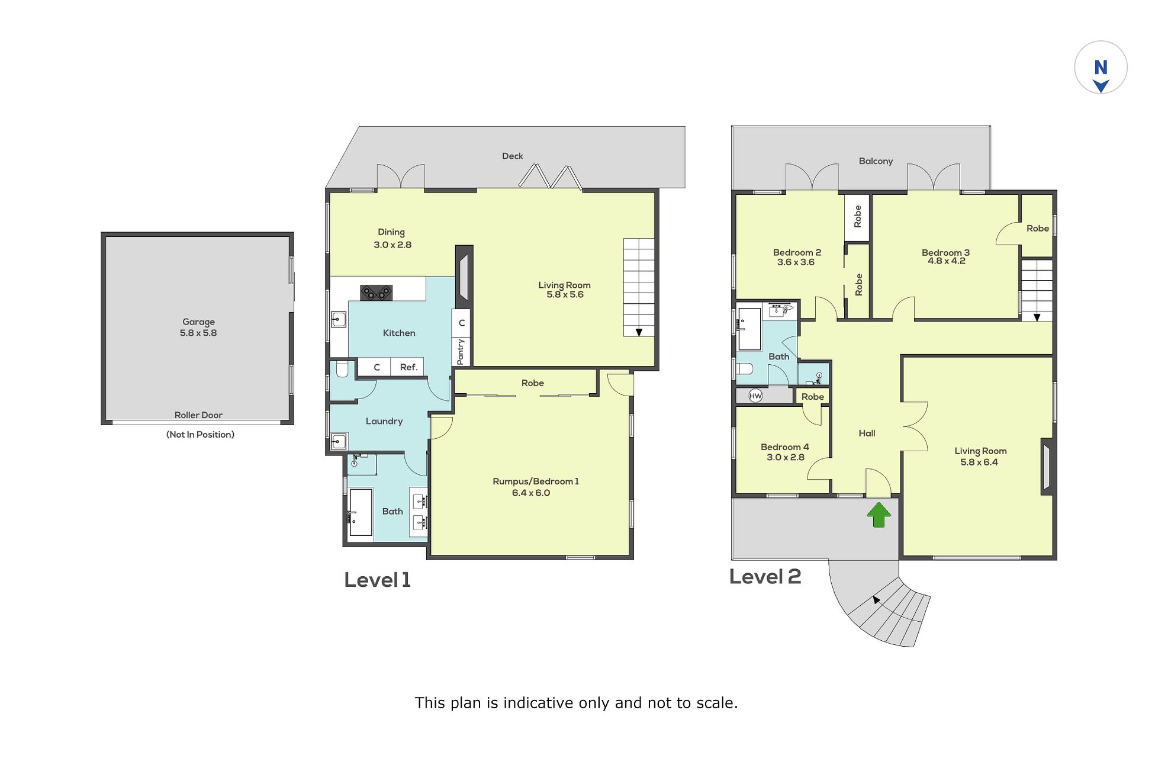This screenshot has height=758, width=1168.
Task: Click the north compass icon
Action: click(x=1101, y=67)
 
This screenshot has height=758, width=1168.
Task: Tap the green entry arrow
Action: click(x=879, y=515)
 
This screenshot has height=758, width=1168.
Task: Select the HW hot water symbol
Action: click(x=755, y=396)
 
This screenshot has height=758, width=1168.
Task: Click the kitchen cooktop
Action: click(x=377, y=293)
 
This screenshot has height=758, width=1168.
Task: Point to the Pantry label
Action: click(x=461, y=351)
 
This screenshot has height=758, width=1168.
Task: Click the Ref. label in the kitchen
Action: click(x=408, y=367)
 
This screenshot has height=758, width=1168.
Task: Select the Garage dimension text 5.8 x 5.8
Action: click(x=198, y=333)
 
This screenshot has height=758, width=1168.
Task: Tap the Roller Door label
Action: click(x=198, y=415)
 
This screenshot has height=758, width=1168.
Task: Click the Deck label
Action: click(x=513, y=156)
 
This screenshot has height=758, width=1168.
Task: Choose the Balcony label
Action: click(x=876, y=161)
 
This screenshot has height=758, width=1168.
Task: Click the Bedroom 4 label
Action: click(x=785, y=447)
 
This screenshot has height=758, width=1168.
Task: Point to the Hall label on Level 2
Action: click(x=867, y=433)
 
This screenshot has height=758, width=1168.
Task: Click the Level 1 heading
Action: click(x=377, y=580)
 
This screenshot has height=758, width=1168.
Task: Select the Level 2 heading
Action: click(x=765, y=576)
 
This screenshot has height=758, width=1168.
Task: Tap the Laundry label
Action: click(x=384, y=421)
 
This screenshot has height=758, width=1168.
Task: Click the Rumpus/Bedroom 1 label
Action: click(x=536, y=481)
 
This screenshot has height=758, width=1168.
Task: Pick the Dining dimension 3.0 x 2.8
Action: click(x=392, y=245)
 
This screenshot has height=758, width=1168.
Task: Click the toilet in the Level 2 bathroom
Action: click(x=745, y=369)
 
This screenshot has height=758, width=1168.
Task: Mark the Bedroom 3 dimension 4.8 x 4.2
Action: click(x=946, y=261)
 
